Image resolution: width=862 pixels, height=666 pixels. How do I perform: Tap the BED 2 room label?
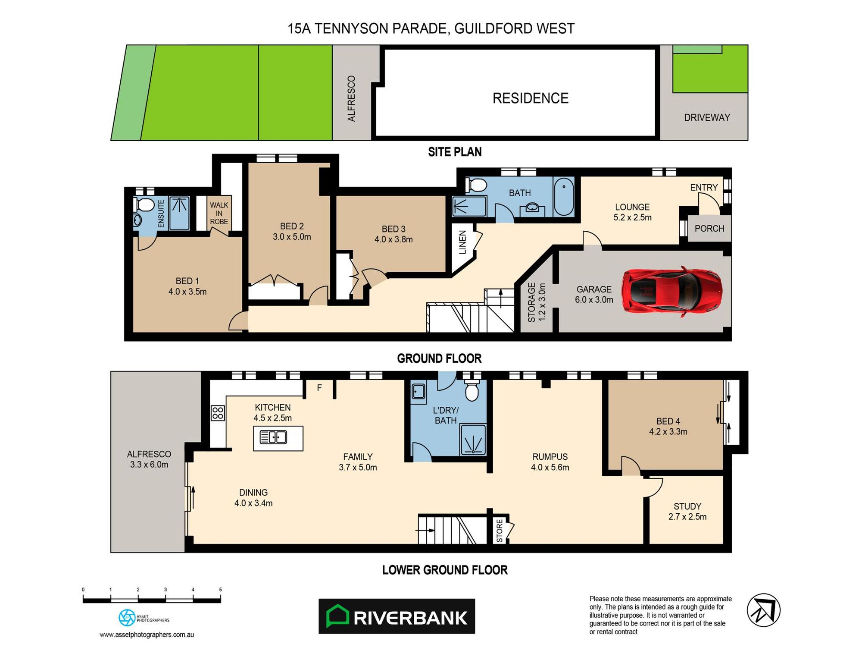(x=292, y=231)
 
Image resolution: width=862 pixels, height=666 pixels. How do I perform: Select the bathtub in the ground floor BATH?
(x=563, y=197)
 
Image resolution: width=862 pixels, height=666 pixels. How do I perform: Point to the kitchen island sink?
(x=273, y=437)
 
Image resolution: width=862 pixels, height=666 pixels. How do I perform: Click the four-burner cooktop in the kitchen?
(x=218, y=413)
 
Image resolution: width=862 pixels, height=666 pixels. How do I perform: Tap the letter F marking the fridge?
(x=319, y=388)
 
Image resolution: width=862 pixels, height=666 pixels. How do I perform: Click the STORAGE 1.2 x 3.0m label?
(x=537, y=302)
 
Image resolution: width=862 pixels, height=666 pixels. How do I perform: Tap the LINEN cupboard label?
(x=462, y=242)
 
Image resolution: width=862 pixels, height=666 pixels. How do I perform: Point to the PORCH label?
(x=709, y=229)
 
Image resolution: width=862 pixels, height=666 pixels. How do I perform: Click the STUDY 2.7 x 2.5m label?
(x=687, y=511)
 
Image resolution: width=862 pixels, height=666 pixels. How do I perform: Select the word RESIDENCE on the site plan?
(x=530, y=98)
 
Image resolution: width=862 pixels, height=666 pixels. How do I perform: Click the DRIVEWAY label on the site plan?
(x=707, y=117)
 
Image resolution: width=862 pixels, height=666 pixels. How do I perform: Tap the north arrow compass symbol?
(x=763, y=610)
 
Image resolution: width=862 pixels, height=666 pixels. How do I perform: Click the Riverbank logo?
(x=397, y=616)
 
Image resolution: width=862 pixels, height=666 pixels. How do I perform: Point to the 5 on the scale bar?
(x=220, y=589)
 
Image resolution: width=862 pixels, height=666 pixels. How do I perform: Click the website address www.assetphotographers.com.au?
(x=147, y=635)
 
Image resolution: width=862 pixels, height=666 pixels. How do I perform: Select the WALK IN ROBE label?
(x=219, y=213)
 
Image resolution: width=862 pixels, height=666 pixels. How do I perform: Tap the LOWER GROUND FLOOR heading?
(x=445, y=570)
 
